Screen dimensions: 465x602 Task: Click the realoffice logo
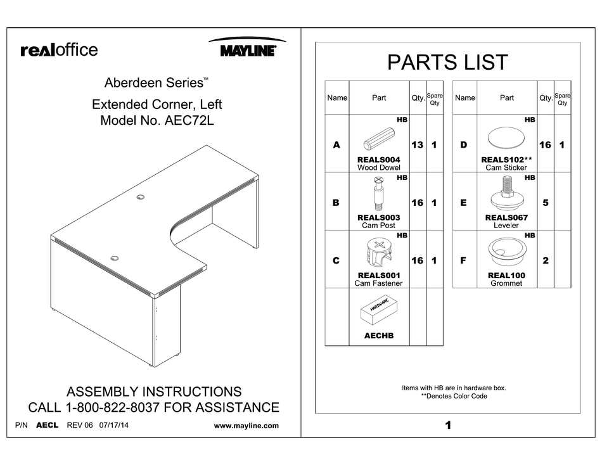[59, 50]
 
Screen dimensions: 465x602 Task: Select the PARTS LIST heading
[447, 62]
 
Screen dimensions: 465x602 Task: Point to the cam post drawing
[378, 194]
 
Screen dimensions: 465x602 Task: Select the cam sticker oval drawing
[506, 137]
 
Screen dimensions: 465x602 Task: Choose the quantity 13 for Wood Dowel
[417, 145]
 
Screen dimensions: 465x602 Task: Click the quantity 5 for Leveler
[545, 203]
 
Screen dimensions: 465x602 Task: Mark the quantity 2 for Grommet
[545, 260]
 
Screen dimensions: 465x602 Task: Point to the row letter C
[336, 260]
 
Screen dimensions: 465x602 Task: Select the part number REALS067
[506, 217]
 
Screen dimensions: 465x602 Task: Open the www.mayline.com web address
[247, 426]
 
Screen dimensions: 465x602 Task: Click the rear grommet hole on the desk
[140, 198]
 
